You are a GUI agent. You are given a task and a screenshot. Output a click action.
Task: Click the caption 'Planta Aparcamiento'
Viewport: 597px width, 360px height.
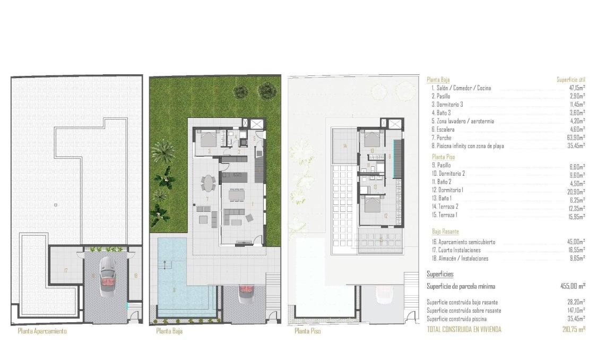click(42, 331)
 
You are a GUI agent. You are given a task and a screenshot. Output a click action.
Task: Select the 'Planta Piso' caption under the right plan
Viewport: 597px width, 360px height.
click(307, 331)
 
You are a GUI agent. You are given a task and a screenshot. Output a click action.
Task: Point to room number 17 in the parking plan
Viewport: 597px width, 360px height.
click(65, 271)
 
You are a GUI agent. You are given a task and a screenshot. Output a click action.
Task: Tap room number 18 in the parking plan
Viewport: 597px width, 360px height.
click(135, 275)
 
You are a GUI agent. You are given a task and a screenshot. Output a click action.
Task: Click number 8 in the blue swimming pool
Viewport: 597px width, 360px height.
click(174, 290)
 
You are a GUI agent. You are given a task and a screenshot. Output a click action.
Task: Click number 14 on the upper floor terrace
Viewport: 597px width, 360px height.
click(344, 145)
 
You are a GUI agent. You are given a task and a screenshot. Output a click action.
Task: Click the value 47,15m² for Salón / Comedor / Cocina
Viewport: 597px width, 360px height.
click(576, 88)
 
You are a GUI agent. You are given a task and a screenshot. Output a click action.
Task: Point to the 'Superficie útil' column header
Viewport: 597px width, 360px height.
click(570, 80)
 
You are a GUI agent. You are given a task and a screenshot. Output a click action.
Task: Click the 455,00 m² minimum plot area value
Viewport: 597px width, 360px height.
click(573, 286)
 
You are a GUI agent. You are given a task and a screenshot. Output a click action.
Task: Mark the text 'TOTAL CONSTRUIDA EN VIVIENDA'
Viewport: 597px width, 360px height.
click(464, 329)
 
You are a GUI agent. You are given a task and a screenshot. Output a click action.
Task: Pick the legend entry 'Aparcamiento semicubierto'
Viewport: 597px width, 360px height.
click(466, 242)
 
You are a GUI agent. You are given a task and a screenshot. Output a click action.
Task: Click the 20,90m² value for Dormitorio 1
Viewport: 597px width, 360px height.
click(576, 191)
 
